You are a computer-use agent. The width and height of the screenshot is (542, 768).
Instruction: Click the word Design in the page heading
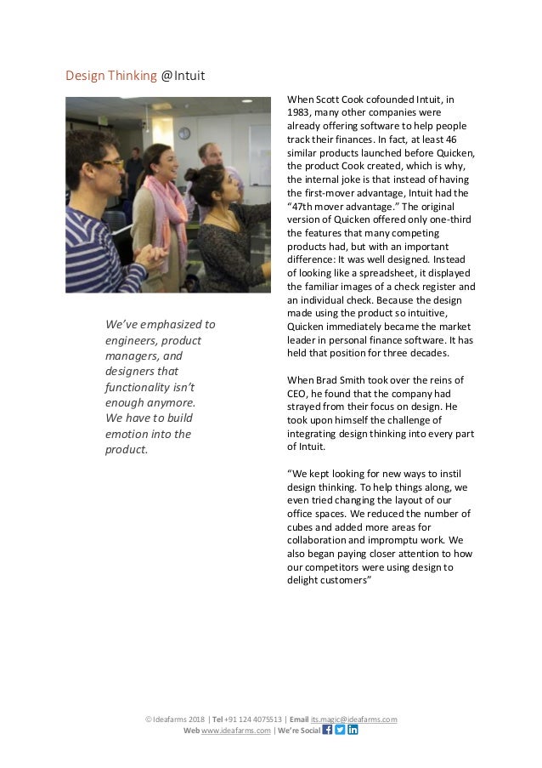[x=85, y=77]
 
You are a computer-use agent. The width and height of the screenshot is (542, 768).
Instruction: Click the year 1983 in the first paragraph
[x=301, y=112]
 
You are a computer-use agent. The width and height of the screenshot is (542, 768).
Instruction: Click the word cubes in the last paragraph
[x=302, y=526]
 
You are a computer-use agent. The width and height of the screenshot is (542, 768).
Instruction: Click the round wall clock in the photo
[x=184, y=134]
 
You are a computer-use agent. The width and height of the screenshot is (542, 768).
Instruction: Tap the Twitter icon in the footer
[x=341, y=730]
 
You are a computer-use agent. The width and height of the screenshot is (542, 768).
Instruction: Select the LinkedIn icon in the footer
[x=353, y=730]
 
